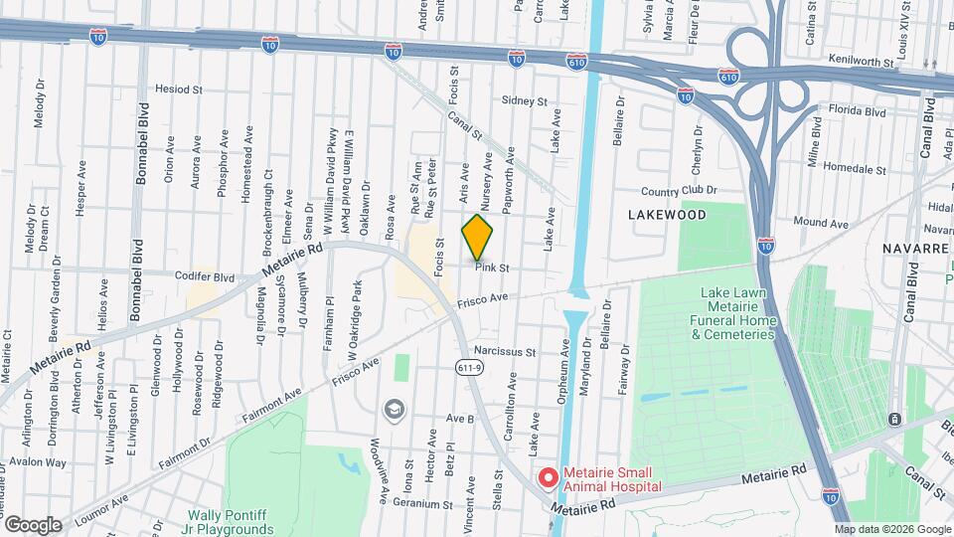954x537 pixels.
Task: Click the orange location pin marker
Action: (x=478, y=237)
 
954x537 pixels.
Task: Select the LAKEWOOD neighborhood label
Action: (x=667, y=215)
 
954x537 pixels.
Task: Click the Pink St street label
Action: (x=492, y=268)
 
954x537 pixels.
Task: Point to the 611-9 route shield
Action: (x=471, y=369)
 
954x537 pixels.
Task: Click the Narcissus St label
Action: (x=505, y=351)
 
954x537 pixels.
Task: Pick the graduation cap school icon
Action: (x=395, y=409)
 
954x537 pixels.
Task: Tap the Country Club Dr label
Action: (x=679, y=192)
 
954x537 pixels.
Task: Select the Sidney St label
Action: (x=525, y=101)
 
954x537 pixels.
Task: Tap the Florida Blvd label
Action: (x=860, y=112)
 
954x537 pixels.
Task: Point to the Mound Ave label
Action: (x=820, y=225)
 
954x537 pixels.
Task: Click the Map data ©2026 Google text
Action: (x=891, y=528)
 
